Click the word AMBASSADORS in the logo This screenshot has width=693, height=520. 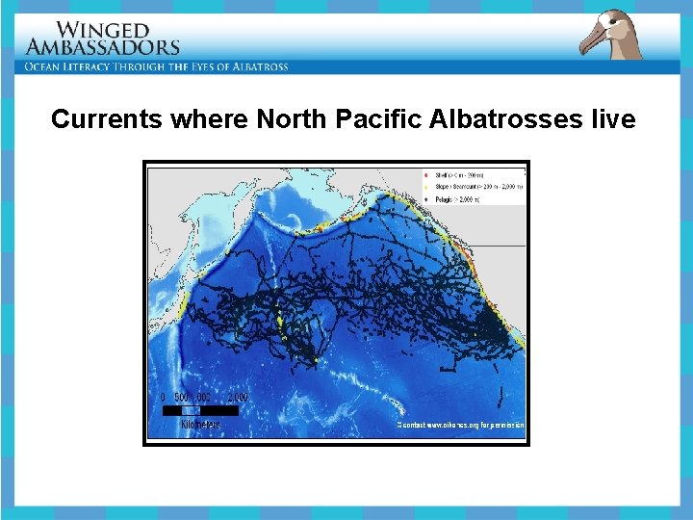(x=103, y=46)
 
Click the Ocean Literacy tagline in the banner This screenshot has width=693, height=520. (x=157, y=66)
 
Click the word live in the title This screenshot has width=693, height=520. (x=612, y=119)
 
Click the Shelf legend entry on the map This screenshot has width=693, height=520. (x=457, y=174)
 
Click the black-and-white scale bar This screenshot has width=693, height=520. (x=199, y=410)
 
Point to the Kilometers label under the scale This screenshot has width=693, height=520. (x=200, y=424)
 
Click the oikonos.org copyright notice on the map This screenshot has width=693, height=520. (x=461, y=424)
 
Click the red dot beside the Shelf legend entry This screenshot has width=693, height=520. (x=425, y=174)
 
